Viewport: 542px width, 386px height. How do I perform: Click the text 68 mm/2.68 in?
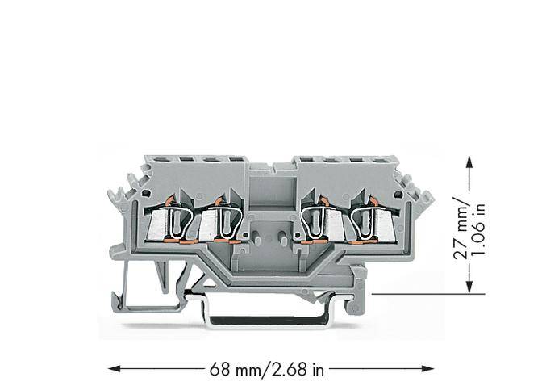tap(266, 370)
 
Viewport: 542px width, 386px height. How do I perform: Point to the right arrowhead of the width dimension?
tap(427, 370)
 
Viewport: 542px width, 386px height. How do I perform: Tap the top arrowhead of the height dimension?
tap(469, 162)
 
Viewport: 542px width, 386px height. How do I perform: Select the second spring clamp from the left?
tap(224, 220)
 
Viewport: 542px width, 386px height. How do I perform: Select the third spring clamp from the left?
tap(315, 220)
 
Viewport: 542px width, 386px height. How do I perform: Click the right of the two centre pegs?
tap(284, 239)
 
